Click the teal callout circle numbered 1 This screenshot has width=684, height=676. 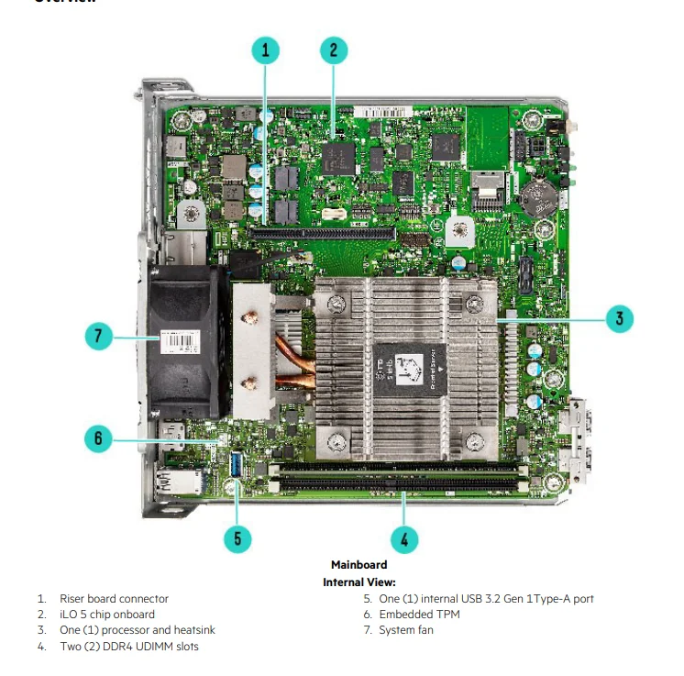(x=266, y=50)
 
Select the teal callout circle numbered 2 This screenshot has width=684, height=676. (x=333, y=50)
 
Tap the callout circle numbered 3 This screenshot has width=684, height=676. (x=619, y=318)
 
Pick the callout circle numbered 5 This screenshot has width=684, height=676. (x=237, y=537)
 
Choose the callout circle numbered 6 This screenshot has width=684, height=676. (x=98, y=438)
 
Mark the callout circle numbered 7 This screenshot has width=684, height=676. (x=98, y=337)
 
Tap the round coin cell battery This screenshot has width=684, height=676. (x=535, y=191)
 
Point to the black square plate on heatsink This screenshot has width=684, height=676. (x=408, y=371)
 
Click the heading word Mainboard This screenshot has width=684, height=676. (x=359, y=565)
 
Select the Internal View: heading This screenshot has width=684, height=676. (x=359, y=582)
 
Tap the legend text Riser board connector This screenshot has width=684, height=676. (x=114, y=599)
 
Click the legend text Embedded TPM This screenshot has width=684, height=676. (x=419, y=615)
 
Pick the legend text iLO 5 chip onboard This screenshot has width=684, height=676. (x=107, y=615)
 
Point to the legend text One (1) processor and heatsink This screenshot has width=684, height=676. (x=138, y=630)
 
